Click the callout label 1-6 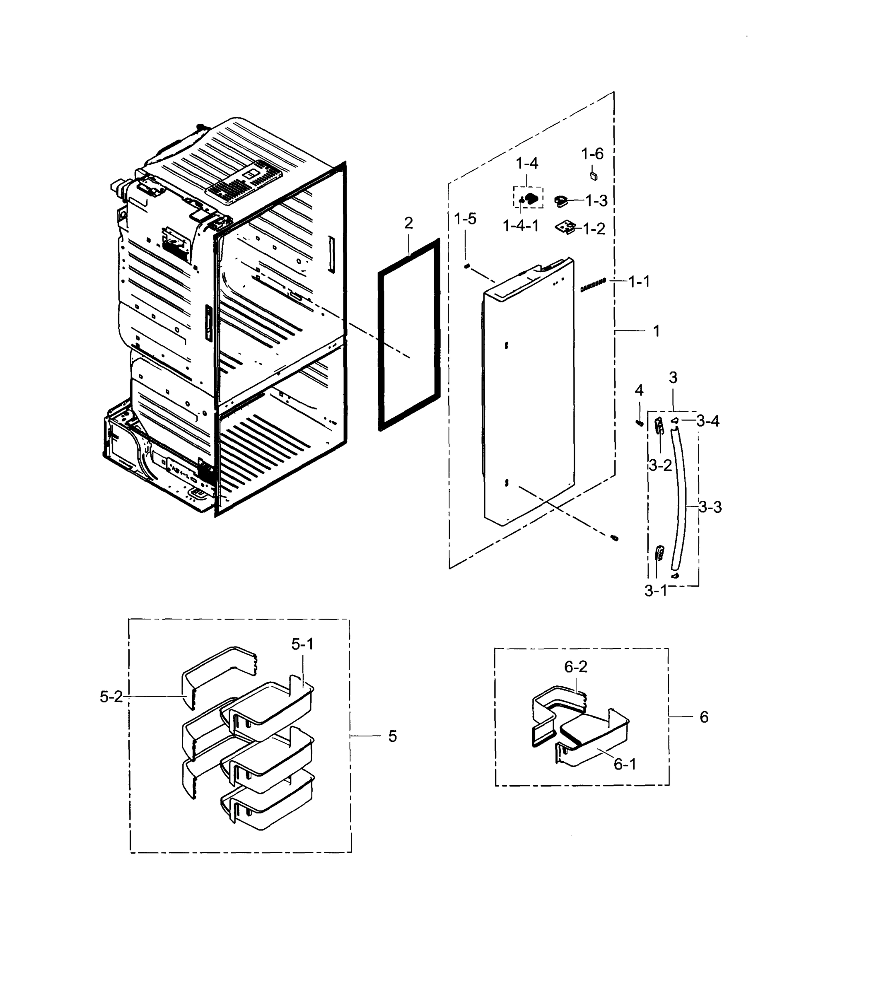[592, 154]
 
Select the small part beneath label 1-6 [593, 175]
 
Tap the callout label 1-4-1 [520, 226]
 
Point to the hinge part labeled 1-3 [561, 200]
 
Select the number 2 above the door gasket [408, 223]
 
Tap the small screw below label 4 [640, 422]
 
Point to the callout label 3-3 [710, 507]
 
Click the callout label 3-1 [656, 591]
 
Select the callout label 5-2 [111, 697]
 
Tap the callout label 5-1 [302, 644]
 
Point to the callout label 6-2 [575, 667]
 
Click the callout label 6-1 [625, 765]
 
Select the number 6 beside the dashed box [704, 717]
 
